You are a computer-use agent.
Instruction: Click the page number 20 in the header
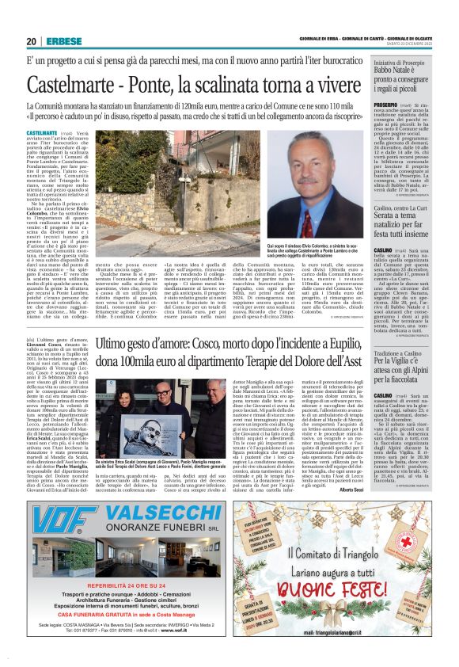click(x=31, y=41)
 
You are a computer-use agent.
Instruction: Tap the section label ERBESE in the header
click(x=59, y=41)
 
